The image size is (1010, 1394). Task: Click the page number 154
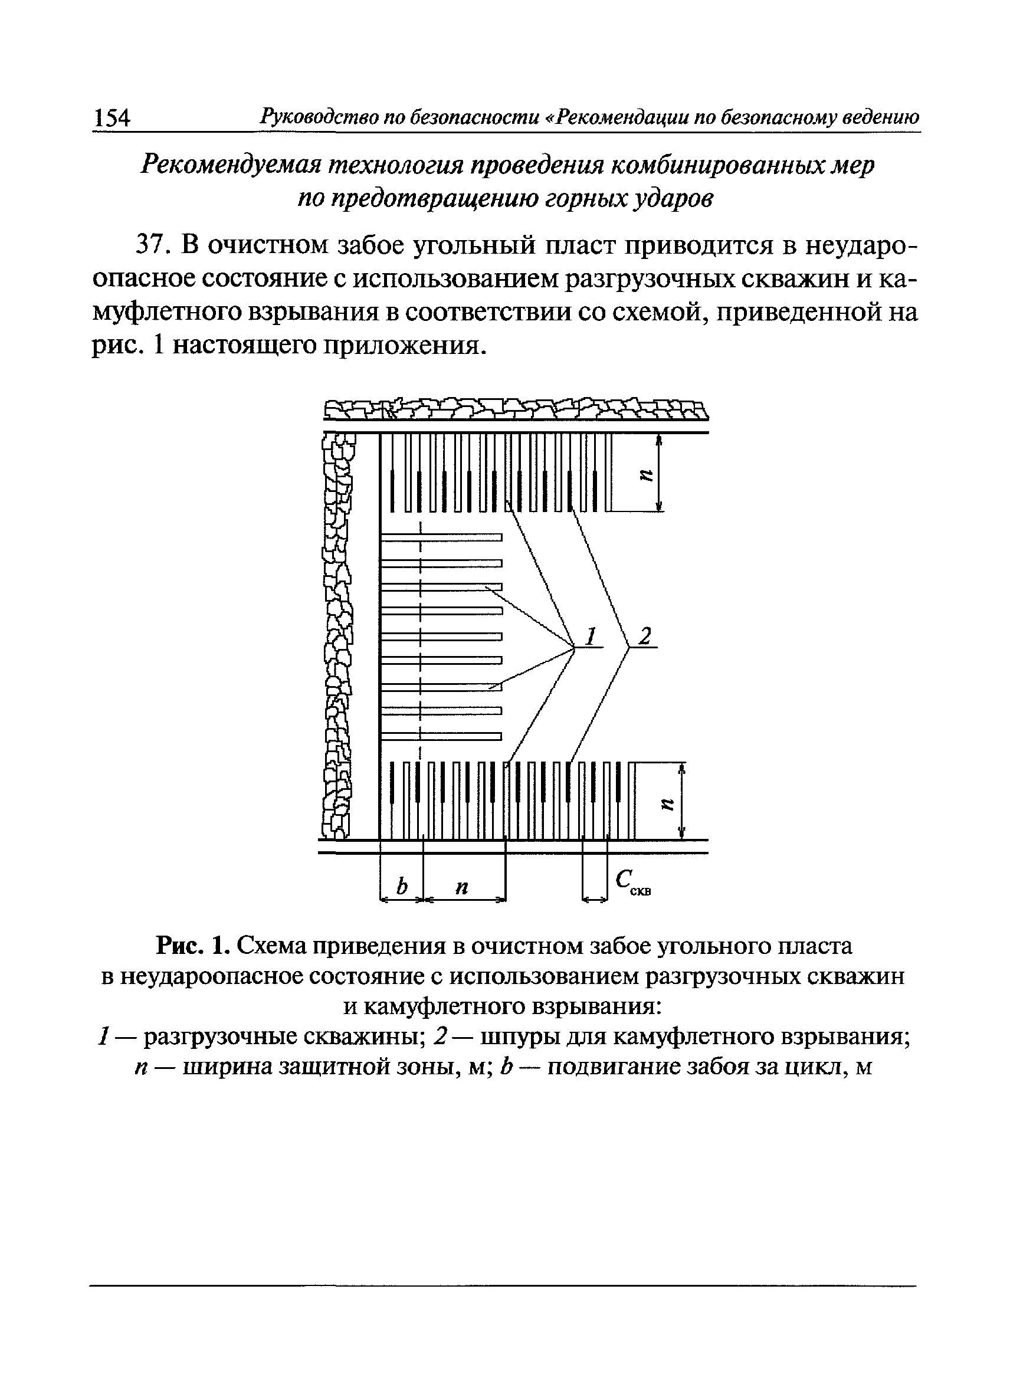tap(112, 117)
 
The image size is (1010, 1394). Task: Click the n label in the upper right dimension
tap(644, 474)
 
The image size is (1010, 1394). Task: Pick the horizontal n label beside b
tap(462, 887)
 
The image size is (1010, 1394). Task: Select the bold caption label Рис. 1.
tap(193, 947)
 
